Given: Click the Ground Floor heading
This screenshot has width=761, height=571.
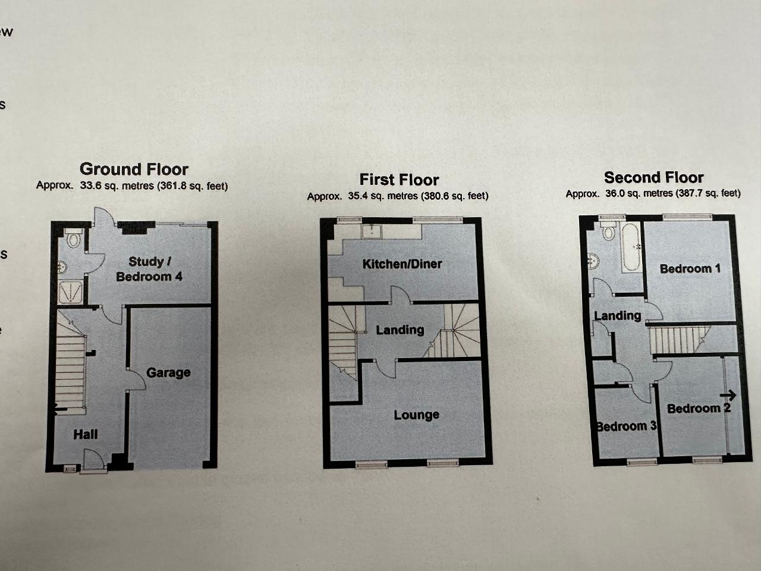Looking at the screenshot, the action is point(134,170).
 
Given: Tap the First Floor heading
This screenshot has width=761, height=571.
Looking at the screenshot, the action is point(399,180).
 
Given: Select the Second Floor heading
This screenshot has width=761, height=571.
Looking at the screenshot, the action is point(653,177).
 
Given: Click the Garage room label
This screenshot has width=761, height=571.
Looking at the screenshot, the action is point(168,373).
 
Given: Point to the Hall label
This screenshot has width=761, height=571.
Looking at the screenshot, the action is point(85,434).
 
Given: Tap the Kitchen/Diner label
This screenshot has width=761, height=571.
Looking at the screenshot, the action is point(402,264).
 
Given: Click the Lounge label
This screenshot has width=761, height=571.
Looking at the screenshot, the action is point(416,415).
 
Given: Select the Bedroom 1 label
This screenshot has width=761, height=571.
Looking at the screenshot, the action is point(690,269).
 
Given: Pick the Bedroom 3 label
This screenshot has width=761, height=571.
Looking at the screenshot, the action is point(626,426).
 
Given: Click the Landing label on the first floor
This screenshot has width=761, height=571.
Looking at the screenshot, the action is point(400,330).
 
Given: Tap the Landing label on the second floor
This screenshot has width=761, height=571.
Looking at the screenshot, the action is point(618,316).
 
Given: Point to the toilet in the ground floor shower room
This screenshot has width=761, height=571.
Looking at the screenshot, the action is point(74,237).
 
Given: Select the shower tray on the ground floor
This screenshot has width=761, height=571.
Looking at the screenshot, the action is point(70,292).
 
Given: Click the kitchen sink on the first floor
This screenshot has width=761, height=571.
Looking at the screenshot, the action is point(372,231).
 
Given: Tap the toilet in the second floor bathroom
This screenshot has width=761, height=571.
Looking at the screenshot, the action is point(608,231).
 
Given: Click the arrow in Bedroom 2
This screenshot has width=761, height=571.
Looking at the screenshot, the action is point(728,395).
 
